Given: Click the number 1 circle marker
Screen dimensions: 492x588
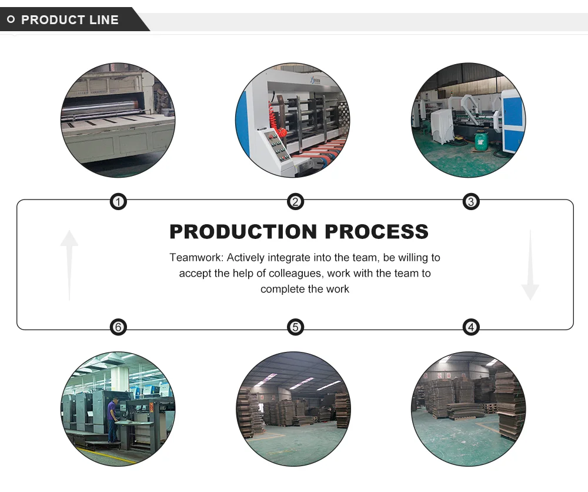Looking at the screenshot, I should click(x=119, y=202).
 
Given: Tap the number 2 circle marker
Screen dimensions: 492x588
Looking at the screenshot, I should click(x=295, y=202).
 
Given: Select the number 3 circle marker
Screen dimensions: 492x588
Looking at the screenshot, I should click(x=470, y=202).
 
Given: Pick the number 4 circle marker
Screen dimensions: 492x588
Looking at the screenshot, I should click(x=470, y=327).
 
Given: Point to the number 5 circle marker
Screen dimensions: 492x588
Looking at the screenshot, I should click(x=295, y=327).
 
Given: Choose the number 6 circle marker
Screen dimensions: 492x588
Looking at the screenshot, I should click(x=119, y=327).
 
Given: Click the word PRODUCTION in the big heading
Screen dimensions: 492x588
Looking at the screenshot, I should click(x=243, y=231).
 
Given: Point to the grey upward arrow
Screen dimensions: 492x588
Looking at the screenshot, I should click(x=69, y=264).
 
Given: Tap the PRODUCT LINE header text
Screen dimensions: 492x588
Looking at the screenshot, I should click(x=69, y=20).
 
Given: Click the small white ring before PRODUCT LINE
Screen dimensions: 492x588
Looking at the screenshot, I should click(x=11, y=20).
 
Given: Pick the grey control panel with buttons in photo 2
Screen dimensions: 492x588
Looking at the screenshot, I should click(x=275, y=145).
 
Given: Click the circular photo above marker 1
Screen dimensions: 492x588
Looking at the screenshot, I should click(x=118, y=120).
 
